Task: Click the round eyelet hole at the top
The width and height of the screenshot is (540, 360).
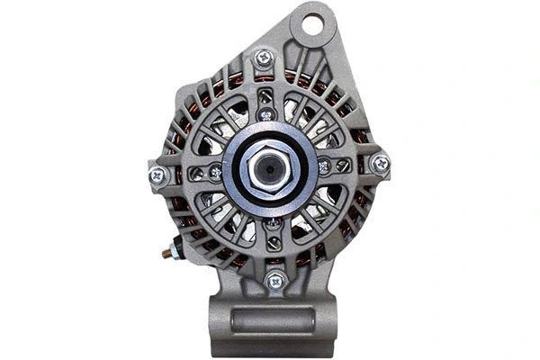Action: [312, 24]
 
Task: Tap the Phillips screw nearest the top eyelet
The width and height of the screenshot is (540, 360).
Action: [264, 58]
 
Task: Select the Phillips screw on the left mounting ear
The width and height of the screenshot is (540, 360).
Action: [157, 175]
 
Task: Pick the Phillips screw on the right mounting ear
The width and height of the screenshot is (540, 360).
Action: [381, 164]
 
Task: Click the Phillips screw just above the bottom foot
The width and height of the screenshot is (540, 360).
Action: [275, 281]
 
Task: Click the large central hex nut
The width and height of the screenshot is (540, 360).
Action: [270, 168]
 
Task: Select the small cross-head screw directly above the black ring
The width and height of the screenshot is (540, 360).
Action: [265, 114]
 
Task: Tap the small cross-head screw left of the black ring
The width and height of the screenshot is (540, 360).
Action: [216, 173]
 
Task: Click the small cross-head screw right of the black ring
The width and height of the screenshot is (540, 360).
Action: [324, 166]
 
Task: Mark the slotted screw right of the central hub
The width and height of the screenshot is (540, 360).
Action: [343, 165]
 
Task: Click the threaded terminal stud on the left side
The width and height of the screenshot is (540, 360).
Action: [166, 253]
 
